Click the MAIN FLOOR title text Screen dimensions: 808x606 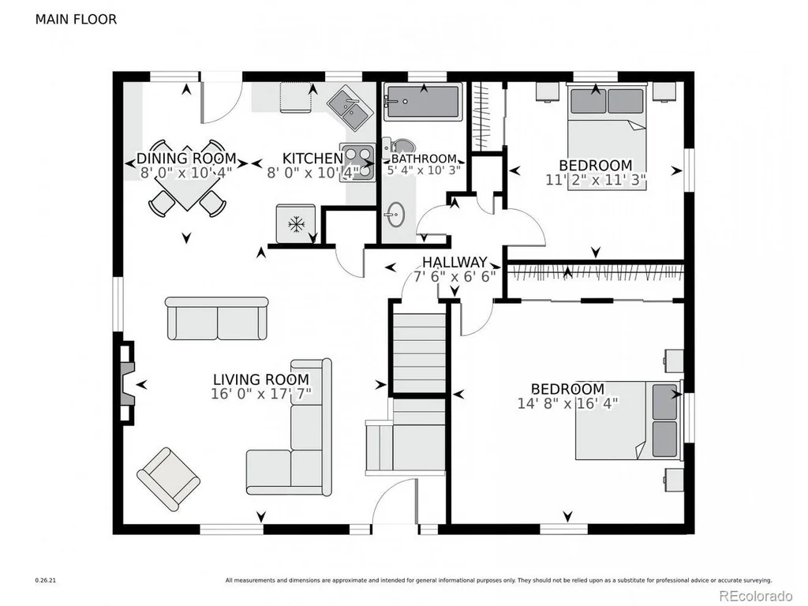76,20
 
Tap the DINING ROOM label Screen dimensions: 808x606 186,158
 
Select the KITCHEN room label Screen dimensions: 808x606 312,158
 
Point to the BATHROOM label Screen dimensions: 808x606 424,158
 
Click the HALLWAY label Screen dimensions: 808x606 454,262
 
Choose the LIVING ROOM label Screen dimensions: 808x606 261,380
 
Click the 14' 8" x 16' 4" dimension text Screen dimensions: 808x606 567,403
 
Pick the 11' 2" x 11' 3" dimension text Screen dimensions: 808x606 596,180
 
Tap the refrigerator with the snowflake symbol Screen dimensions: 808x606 295,223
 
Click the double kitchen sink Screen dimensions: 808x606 348,109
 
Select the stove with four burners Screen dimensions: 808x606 357,163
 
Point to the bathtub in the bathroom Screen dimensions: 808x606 423,103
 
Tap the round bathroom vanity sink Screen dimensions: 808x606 396,214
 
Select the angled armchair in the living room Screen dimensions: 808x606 168,479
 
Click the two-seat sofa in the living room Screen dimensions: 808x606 217,318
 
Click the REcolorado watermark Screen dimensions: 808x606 755,596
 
